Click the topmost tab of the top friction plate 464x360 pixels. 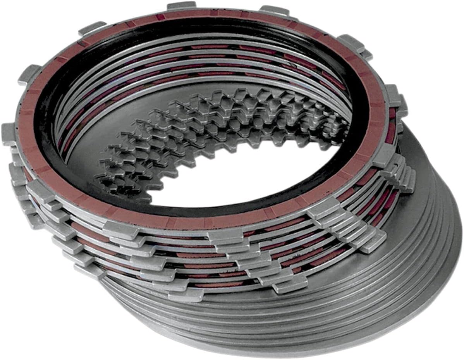[x=181, y=5]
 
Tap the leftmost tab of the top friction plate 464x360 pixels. [x=9, y=133]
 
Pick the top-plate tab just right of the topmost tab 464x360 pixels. [x=274, y=10]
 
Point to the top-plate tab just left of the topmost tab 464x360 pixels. [x=92, y=28]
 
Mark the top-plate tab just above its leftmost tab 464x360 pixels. [x=29, y=74]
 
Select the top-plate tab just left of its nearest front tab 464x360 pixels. [x=121, y=230]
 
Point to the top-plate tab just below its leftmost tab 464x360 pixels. [x=41, y=190]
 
